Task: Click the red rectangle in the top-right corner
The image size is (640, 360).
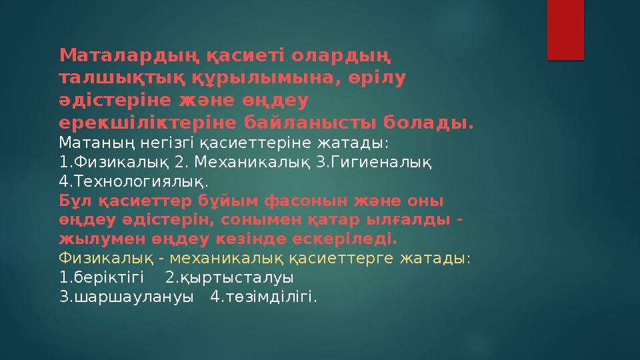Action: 565,29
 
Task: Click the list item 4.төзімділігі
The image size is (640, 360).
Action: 263,296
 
